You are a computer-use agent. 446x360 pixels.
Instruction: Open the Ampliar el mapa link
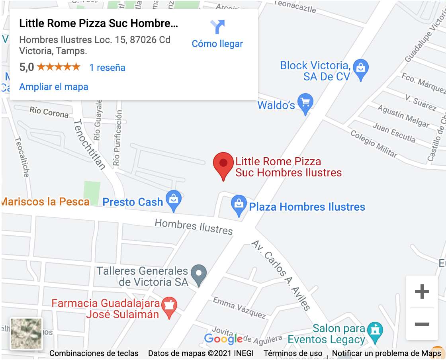(x=54, y=87)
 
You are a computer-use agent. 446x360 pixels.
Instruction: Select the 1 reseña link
(x=107, y=68)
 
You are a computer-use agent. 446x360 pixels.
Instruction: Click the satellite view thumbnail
(x=26, y=334)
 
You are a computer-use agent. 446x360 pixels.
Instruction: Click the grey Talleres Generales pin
(x=198, y=275)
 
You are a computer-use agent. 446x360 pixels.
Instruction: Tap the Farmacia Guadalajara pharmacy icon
(x=169, y=307)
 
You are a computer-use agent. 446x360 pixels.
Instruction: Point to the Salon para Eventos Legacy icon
(x=375, y=332)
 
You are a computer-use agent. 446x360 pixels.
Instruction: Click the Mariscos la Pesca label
(x=45, y=202)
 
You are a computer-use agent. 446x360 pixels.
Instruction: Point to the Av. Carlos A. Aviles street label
(x=281, y=275)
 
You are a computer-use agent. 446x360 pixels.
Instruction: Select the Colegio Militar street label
(x=374, y=143)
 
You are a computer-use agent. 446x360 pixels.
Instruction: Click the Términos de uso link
(x=293, y=353)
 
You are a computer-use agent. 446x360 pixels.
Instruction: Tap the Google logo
(x=223, y=339)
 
